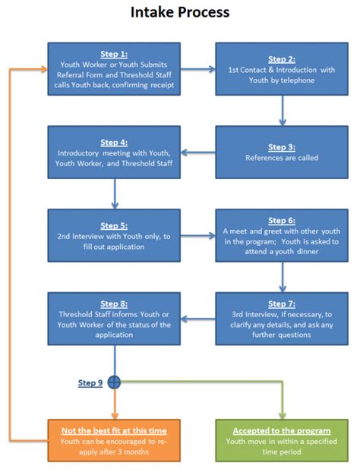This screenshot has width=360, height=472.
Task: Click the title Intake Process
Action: tap(180, 13)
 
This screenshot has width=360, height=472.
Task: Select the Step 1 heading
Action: tap(114, 54)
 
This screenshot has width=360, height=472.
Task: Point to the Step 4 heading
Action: tap(114, 141)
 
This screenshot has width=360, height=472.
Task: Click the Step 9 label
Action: tap(90, 383)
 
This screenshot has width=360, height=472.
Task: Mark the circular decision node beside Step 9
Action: tap(114, 382)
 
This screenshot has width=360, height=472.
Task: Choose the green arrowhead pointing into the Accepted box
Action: tap(282, 413)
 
